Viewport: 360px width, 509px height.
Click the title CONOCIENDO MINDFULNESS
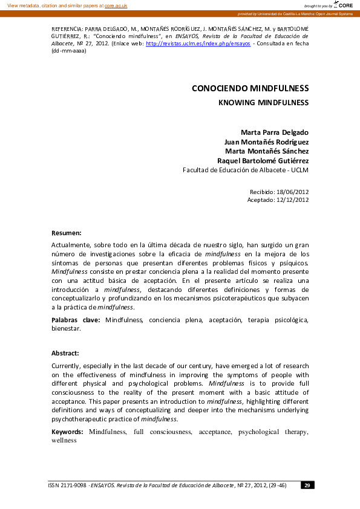250,88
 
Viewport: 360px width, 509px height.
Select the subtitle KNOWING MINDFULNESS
263,103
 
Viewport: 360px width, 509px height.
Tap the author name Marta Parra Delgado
275,132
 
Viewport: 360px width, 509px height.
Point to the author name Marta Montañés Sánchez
267,151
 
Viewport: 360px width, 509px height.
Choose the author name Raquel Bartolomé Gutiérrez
263,161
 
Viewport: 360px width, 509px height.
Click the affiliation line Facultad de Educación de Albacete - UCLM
246,170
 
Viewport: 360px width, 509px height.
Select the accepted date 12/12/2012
292,200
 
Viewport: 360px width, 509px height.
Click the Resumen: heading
67,233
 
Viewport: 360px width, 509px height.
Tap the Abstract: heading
65,353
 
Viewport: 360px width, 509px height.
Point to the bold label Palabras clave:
77,320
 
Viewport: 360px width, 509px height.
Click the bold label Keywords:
68,432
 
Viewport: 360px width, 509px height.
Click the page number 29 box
307,485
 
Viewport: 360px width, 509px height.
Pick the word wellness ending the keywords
64,441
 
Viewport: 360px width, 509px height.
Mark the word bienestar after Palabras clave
67,329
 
